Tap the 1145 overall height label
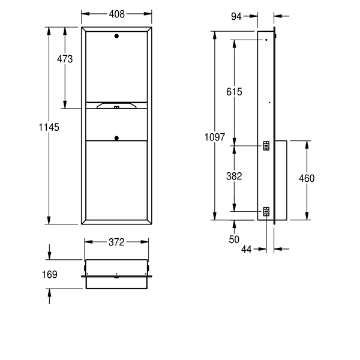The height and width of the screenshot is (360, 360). [49, 127]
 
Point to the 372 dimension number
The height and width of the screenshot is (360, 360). [116, 242]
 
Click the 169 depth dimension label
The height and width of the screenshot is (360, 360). [49, 274]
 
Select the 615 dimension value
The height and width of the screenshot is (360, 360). [234, 92]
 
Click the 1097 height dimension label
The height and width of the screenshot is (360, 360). [215, 137]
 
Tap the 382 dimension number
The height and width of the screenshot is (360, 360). [234, 176]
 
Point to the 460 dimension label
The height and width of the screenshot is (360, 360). [306, 178]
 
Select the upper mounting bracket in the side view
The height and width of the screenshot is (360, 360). [266, 145]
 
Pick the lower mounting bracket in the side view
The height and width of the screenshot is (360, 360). [266, 211]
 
